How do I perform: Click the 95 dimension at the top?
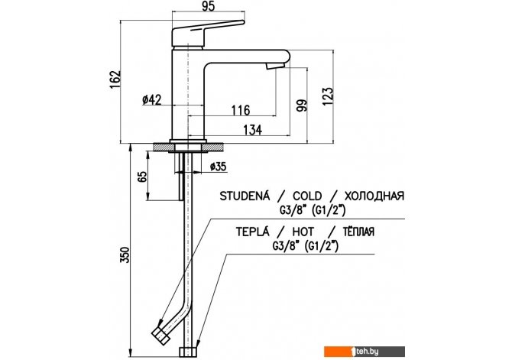click(209, 7)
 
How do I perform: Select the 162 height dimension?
click(115, 79)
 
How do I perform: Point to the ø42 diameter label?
click(152, 99)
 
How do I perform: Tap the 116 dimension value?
click(241, 110)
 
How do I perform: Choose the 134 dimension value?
click(253, 130)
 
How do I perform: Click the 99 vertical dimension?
click(302, 105)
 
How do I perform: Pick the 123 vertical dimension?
click(328, 96)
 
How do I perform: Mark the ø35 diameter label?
click(218, 167)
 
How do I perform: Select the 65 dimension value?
click(142, 177)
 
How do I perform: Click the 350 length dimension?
click(125, 255)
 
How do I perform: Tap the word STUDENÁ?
click(245, 196)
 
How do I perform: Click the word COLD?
click(307, 196)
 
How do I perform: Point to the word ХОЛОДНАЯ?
click(374, 196)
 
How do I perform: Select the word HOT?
click(303, 232)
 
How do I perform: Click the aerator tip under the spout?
click(275, 66)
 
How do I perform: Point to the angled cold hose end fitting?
click(160, 336)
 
